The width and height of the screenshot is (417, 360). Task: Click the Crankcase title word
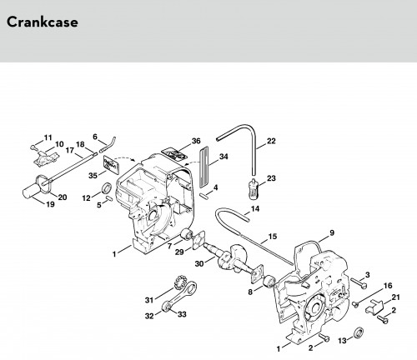click(x=43, y=22)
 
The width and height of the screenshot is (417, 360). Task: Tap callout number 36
click(x=196, y=141)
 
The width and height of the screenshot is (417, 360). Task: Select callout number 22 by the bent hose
click(x=271, y=141)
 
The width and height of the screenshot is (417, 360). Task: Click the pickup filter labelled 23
click(x=253, y=188)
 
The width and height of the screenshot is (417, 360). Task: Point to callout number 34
click(x=224, y=157)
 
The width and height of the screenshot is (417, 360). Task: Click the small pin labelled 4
click(x=203, y=195)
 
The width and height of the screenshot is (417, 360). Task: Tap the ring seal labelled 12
click(x=107, y=188)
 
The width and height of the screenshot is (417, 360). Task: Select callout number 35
click(x=93, y=176)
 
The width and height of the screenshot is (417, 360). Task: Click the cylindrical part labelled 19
click(x=30, y=191)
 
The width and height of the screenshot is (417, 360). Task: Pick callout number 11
click(x=48, y=137)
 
